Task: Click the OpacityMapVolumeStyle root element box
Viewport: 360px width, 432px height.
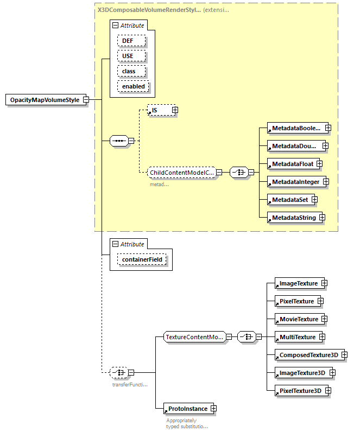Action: (45, 100)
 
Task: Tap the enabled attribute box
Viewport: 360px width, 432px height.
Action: (133, 86)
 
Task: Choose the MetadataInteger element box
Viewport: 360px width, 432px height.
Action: (295, 182)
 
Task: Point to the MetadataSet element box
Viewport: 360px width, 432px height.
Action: (289, 200)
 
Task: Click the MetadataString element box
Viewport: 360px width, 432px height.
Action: (294, 218)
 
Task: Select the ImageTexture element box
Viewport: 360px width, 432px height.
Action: (298, 283)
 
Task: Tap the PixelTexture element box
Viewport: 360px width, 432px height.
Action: (296, 301)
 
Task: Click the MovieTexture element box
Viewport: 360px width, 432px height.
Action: (298, 319)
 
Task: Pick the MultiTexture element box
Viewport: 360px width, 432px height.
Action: (297, 337)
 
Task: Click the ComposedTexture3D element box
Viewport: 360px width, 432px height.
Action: (308, 355)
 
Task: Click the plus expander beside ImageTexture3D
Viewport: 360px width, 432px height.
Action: (332, 373)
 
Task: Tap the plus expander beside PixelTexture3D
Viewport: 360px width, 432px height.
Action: (328, 391)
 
